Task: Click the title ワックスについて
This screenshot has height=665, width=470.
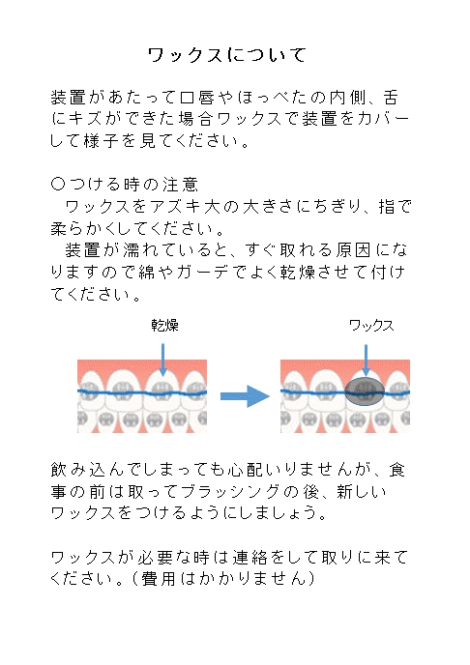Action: pyautogui.click(x=227, y=55)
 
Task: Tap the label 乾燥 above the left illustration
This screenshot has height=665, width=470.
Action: pyautogui.click(x=165, y=326)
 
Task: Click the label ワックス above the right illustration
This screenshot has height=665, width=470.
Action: pyautogui.click(x=371, y=326)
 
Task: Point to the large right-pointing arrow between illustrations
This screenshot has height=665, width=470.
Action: pyautogui.click(x=245, y=396)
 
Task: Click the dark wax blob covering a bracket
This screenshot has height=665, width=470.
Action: pyautogui.click(x=365, y=391)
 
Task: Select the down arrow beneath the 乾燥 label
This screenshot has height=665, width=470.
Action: pyautogui.click(x=162, y=360)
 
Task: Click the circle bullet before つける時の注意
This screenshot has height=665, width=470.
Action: pyautogui.click(x=58, y=184)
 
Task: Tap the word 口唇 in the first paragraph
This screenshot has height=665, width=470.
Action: pyautogui.click(x=197, y=98)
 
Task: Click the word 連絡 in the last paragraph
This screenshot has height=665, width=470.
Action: pyautogui.click(x=250, y=558)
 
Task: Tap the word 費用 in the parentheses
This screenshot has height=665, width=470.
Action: pyautogui.click(x=158, y=579)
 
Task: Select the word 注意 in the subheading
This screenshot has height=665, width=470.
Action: pyautogui.click(x=180, y=185)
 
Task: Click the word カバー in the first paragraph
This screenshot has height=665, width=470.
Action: pyautogui.click(x=384, y=119)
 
